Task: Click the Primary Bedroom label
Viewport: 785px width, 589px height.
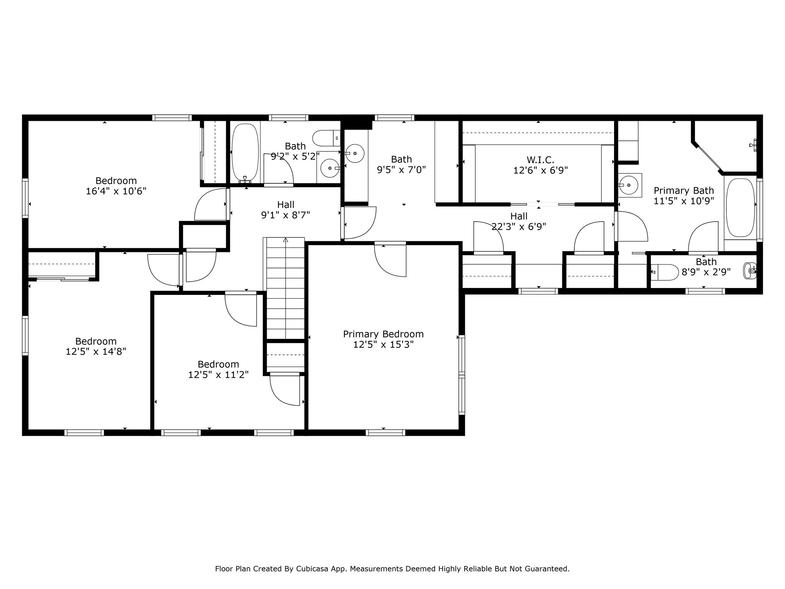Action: point(383,334)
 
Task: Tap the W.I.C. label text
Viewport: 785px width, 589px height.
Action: point(540,160)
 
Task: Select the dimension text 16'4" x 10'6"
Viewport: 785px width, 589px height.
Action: point(116,191)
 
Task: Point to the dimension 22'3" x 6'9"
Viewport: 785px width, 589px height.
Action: point(519,227)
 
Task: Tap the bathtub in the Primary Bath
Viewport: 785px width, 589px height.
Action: point(741,207)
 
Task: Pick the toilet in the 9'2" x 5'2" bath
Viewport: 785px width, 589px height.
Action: point(326,138)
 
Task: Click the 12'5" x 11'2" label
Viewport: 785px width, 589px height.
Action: point(218,375)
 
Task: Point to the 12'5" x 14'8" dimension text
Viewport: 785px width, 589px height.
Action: point(96,352)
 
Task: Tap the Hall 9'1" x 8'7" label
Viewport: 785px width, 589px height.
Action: point(286,210)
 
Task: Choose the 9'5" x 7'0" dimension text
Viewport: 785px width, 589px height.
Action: point(402,169)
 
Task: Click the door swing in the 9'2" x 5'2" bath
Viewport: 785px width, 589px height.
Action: point(279,169)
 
